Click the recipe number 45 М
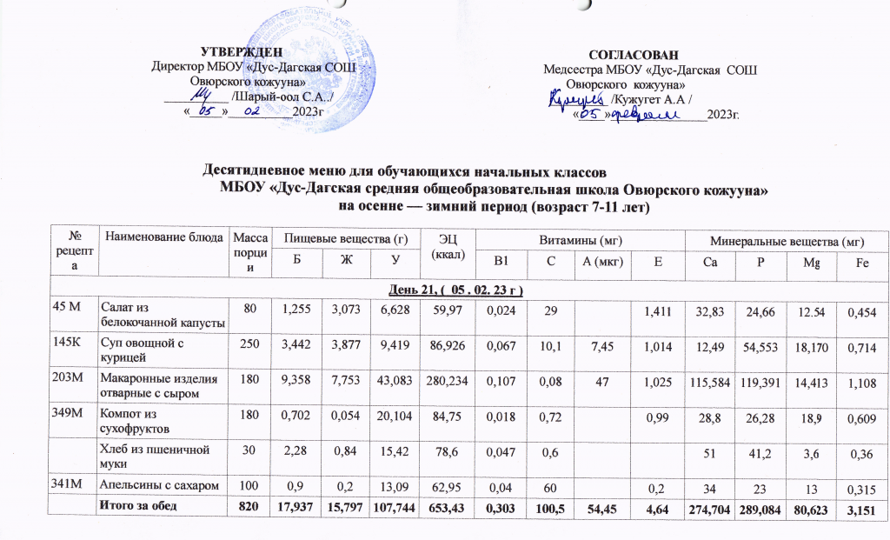pos(64,302)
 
